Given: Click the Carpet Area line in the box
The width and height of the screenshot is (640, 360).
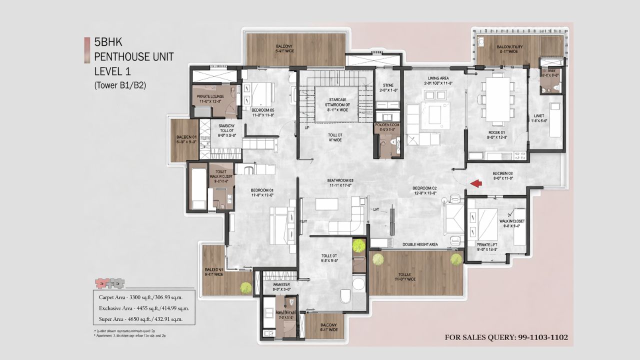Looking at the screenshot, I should [x=140, y=297].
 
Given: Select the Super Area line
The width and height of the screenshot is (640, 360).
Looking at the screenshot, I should [x=140, y=318].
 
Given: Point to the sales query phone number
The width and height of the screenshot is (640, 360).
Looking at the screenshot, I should [x=506, y=337].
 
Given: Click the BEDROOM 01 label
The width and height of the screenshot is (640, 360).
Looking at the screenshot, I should [x=262, y=192].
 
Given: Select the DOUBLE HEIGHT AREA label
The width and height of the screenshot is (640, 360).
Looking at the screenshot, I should [x=420, y=244].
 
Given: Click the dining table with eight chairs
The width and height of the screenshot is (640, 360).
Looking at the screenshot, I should [x=497, y=100].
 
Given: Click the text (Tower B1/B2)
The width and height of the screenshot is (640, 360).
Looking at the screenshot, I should [x=120, y=85].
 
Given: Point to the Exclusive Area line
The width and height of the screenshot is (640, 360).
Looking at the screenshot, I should [x=141, y=308].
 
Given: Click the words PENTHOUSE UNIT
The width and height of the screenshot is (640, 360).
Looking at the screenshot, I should [x=134, y=56].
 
